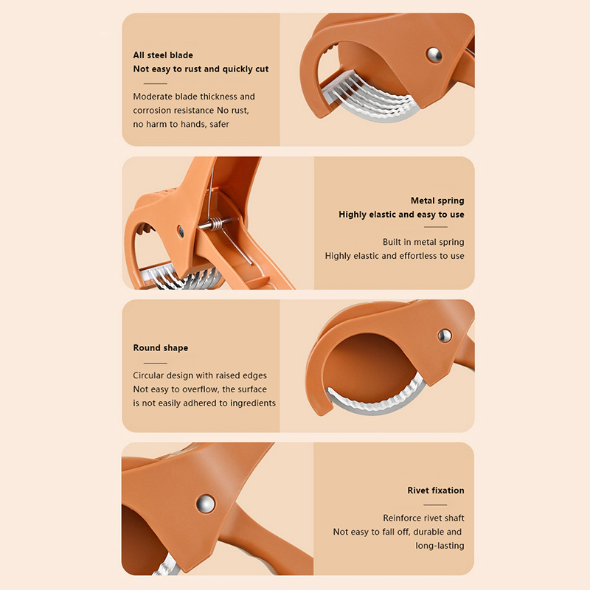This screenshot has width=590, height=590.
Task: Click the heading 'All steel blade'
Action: coord(163,55)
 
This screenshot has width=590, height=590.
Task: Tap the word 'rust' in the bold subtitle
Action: coord(193,69)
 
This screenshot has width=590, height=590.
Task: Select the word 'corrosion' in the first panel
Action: coord(152,110)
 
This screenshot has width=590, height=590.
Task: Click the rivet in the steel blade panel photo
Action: coord(434,55)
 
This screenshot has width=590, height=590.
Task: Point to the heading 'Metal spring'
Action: coord(437,201)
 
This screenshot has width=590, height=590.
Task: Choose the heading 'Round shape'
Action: coord(161,347)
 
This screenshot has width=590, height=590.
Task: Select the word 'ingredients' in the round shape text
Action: coord(253,403)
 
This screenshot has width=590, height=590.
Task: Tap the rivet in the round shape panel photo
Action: coord(445,336)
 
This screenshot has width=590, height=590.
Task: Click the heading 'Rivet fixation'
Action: coord(436,490)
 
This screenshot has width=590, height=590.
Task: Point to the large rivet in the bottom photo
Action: coord(206,504)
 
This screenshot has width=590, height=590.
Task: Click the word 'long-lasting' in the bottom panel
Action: coord(440,546)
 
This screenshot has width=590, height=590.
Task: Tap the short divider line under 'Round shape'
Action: coord(155,363)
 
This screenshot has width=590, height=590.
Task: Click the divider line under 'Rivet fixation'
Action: coord(435,505)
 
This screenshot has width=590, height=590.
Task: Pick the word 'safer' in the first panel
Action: coord(219,124)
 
